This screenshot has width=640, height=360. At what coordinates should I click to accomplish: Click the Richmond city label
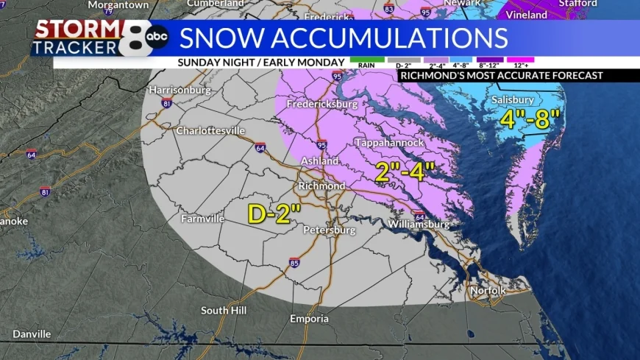[321, 186]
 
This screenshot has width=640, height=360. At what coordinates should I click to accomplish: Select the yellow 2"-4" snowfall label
[405, 172]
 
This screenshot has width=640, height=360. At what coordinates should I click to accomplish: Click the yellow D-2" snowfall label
[274, 213]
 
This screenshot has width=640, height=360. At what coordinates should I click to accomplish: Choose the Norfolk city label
[488, 291]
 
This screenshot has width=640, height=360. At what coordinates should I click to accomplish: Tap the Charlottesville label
[210, 130]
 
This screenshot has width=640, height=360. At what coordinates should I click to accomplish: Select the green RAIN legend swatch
[366, 59]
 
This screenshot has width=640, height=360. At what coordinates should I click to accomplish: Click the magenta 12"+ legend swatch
[520, 59]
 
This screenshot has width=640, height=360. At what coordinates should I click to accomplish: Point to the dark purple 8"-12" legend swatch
[489, 59]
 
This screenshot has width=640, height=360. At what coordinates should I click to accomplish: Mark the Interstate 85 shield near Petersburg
[294, 262]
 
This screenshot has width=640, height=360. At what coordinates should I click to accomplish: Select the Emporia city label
[305, 319]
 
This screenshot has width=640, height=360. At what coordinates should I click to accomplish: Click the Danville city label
[31, 333]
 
